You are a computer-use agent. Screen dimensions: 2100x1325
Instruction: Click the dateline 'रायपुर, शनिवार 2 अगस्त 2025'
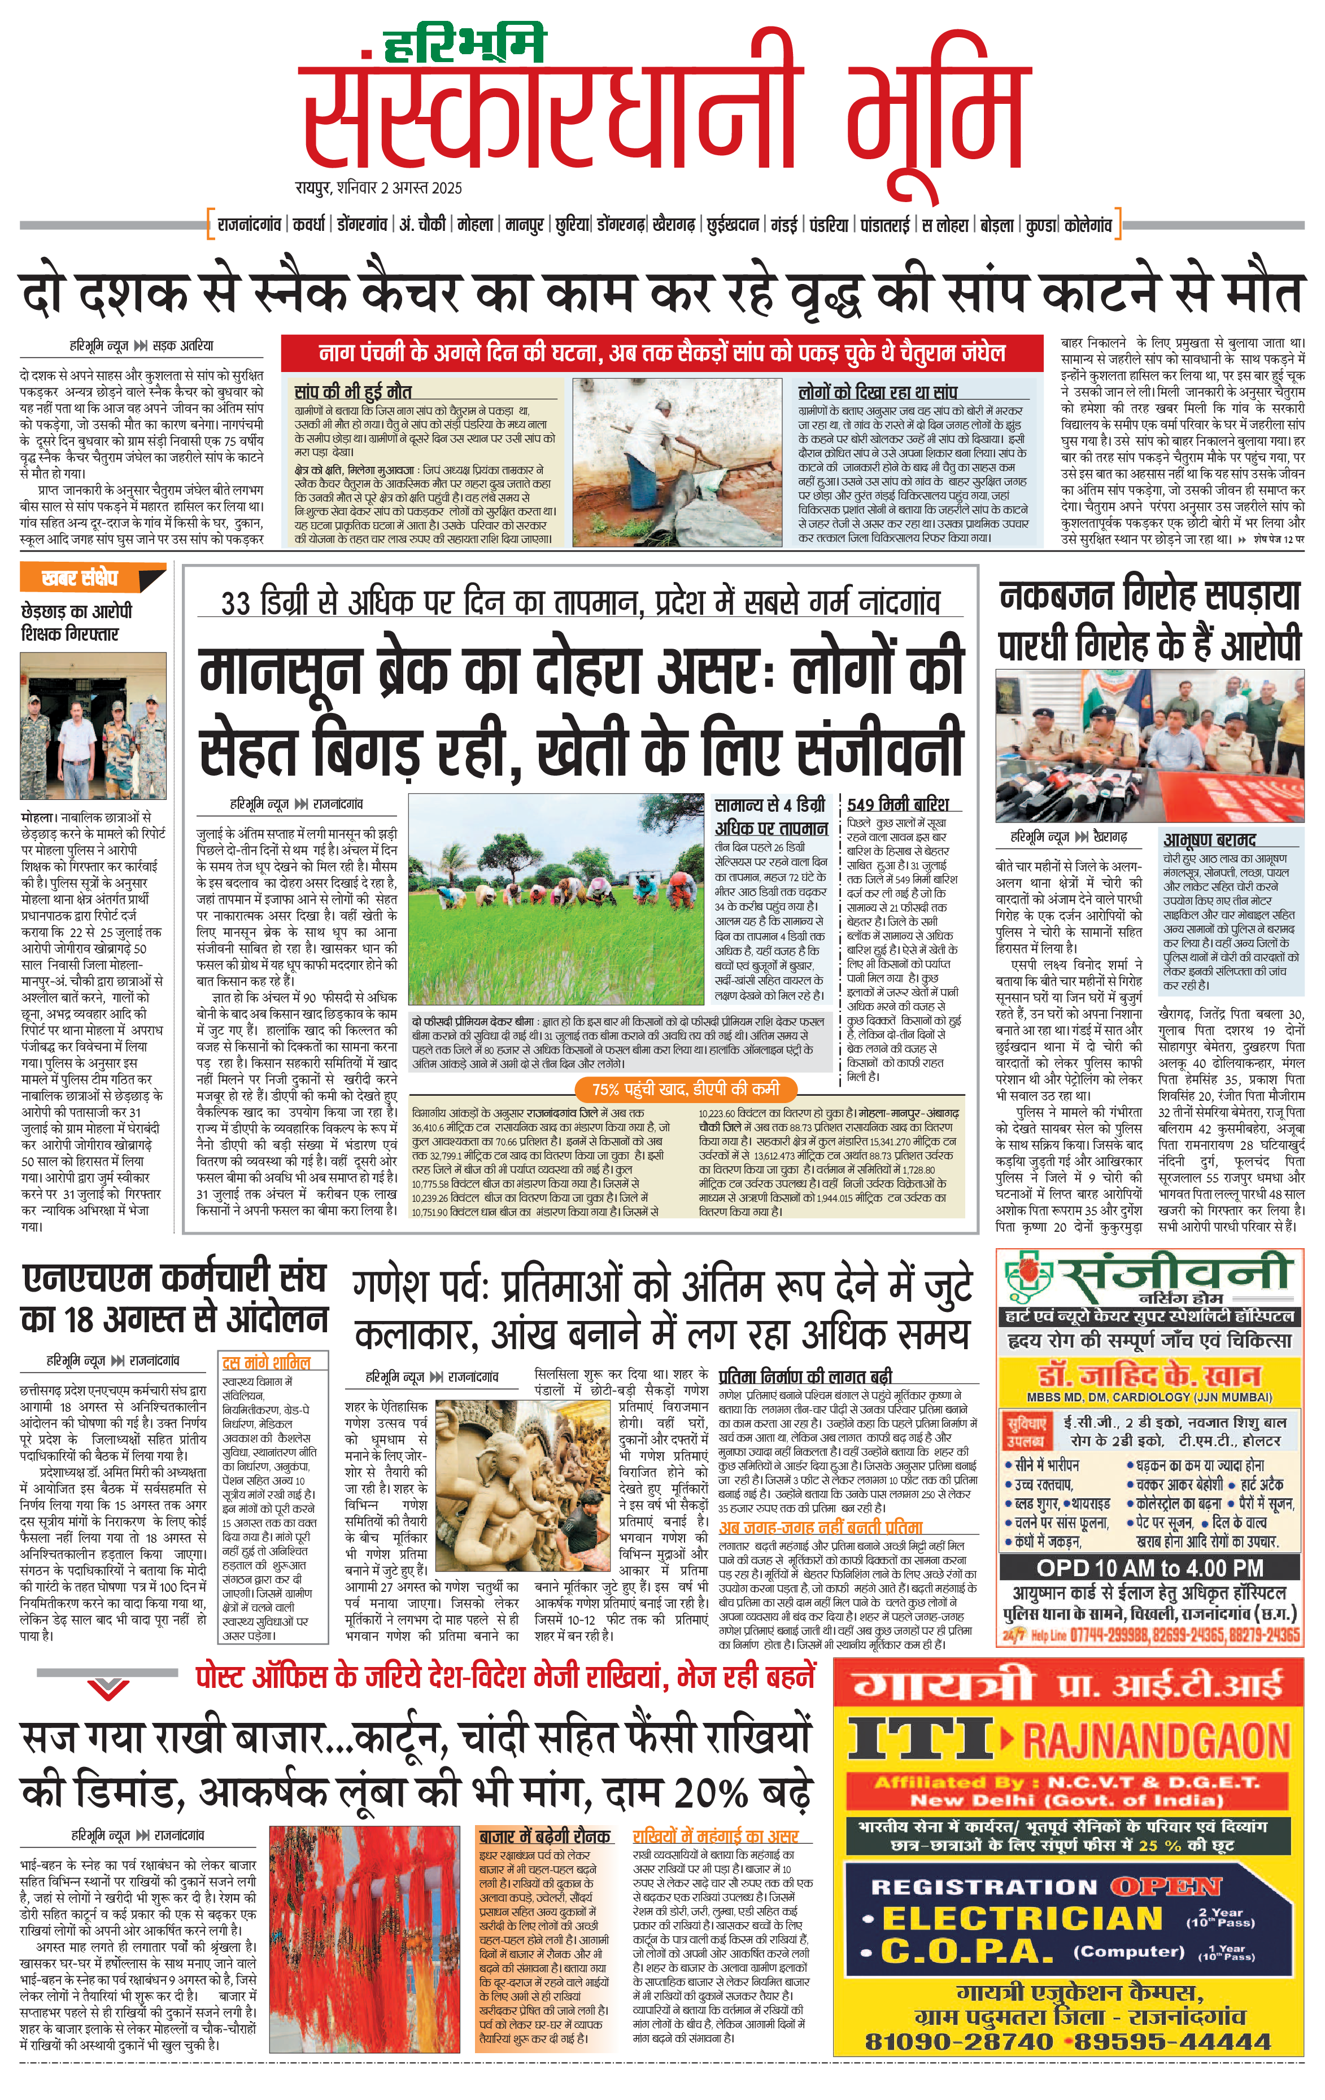click(x=378, y=187)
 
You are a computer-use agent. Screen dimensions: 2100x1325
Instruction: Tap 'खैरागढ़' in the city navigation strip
click(x=673, y=225)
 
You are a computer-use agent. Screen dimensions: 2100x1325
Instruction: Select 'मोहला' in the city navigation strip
click(x=476, y=225)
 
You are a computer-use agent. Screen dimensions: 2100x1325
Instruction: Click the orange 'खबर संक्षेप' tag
click(x=80, y=578)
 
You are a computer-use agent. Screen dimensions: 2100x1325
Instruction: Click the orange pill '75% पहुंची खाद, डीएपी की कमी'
click(x=685, y=1088)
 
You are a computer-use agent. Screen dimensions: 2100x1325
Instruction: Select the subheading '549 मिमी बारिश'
click(x=897, y=804)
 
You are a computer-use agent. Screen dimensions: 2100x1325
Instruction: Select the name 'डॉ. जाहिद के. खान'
click(x=1149, y=1376)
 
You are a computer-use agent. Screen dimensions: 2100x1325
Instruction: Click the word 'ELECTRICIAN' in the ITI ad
click(x=1022, y=1919)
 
